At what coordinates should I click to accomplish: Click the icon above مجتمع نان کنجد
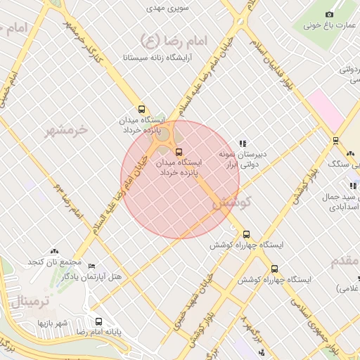[x=55, y=251]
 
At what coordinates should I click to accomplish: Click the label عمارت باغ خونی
[x=330, y=25]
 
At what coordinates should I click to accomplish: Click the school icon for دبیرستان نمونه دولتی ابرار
[x=243, y=143]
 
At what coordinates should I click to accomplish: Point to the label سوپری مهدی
[x=164, y=9]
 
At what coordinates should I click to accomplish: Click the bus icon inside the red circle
[x=178, y=151]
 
